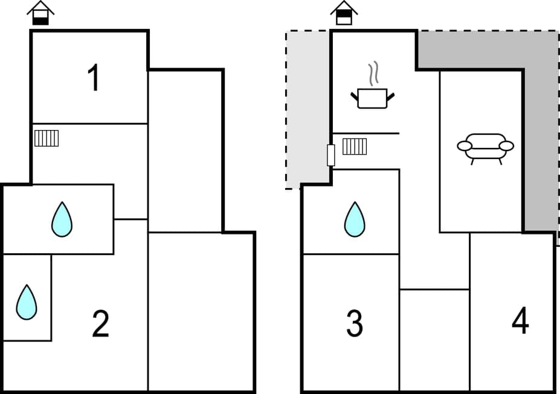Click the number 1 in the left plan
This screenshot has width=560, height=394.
point(93,78)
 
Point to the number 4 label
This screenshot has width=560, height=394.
point(520,321)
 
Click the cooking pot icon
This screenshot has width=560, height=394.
point(372,98)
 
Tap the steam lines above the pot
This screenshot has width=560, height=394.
point(375,72)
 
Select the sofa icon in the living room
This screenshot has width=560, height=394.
point(485,147)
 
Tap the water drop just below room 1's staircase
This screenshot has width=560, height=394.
point(62,219)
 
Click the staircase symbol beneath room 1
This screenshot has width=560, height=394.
point(47,138)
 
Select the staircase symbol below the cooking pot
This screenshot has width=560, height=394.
point(355,146)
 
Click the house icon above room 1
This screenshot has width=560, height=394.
point(40,13)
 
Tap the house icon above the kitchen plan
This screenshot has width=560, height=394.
point(344,13)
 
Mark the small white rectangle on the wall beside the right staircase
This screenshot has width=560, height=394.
point(330,155)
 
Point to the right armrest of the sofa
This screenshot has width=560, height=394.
point(506,146)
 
